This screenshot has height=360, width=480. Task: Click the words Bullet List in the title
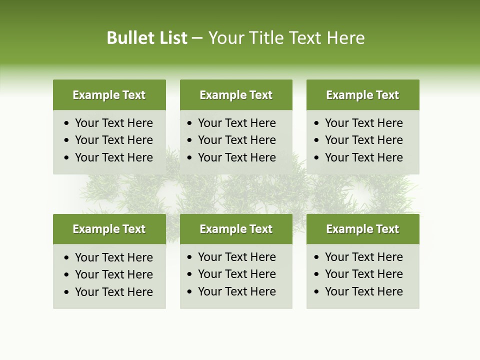point(147,38)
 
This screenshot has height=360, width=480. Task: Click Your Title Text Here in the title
point(286,38)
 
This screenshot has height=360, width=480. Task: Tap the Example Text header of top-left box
point(109,95)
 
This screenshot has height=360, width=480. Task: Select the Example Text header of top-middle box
point(236,95)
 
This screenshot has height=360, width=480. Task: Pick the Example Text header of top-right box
point(362,95)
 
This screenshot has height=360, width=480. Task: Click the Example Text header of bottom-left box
point(109,229)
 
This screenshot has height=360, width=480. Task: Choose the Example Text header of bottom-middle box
point(236,229)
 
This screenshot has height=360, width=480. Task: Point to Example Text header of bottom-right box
point(362,229)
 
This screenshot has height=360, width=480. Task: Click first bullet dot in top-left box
point(67,123)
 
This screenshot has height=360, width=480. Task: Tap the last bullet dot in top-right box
point(317,158)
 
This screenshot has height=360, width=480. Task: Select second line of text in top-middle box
point(236,140)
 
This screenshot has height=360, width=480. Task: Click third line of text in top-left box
point(113,157)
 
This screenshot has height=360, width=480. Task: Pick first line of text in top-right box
point(363,123)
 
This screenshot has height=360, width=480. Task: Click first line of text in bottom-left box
point(113,257)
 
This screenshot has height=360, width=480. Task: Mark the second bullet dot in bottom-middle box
point(190,274)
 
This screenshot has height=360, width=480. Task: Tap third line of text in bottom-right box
point(363,291)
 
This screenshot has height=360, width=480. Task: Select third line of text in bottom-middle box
point(236,291)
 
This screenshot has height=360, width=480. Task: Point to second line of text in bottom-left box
point(113,274)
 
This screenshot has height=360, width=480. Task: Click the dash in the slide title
point(197,38)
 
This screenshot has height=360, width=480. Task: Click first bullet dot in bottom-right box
point(317,257)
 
